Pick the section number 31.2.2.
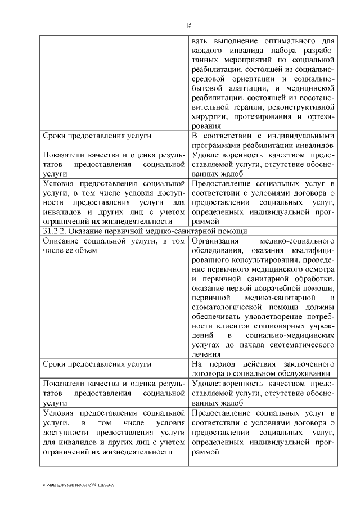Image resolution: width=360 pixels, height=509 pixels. (x=54, y=232)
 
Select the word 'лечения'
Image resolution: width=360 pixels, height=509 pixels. (x=206, y=355)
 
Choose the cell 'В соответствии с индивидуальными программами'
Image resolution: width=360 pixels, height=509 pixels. (x=263, y=141)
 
